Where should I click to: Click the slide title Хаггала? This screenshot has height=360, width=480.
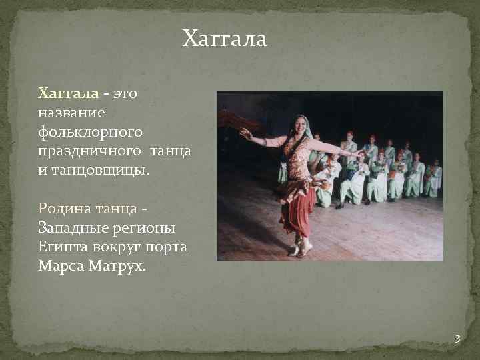[225, 39]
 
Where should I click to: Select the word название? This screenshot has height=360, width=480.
[67, 113]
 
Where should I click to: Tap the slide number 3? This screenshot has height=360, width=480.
[457, 339]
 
